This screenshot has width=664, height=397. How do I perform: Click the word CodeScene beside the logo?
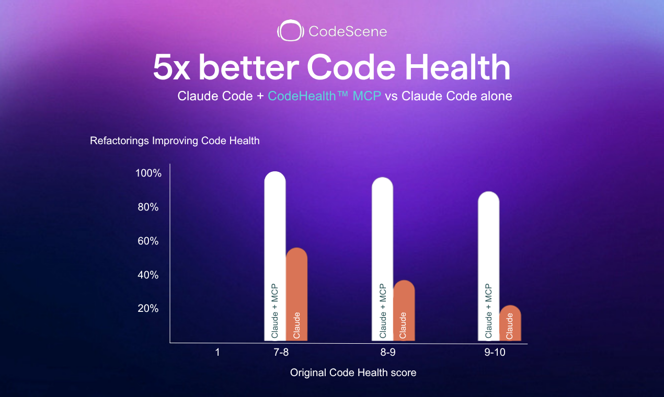pyautogui.click(x=348, y=32)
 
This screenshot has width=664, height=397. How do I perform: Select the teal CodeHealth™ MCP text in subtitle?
pyautogui.click(x=325, y=97)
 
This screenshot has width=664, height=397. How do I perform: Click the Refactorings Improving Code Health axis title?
pyautogui.click(x=175, y=141)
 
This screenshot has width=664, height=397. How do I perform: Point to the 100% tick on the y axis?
pyautogui.click(x=148, y=173)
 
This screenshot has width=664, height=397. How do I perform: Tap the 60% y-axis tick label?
pyautogui.click(x=148, y=241)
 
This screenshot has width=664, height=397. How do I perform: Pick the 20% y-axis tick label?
pyautogui.click(x=148, y=309)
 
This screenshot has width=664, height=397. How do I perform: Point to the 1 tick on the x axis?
pyautogui.click(x=217, y=353)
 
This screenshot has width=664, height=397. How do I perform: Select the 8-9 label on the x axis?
pyautogui.click(x=387, y=353)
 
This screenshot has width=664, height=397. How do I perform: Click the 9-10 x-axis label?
pyautogui.click(x=495, y=353)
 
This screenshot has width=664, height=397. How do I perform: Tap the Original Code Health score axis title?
pyautogui.click(x=353, y=373)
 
